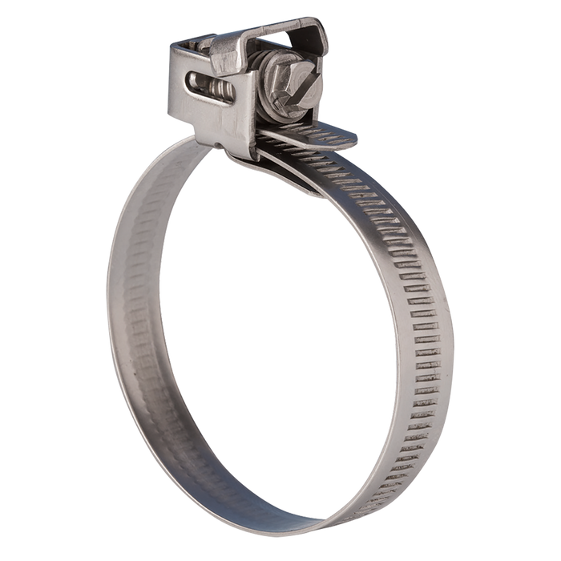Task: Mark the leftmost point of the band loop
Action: (106, 305)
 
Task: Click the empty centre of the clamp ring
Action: (276, 321)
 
